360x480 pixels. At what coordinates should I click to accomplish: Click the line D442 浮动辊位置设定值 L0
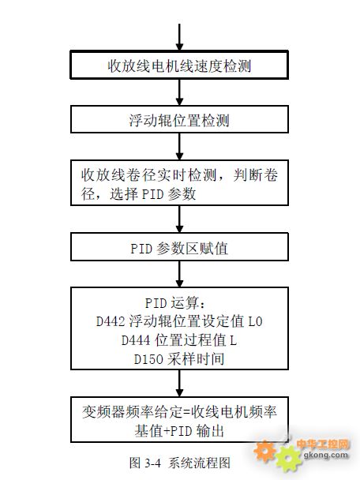pos(179,321)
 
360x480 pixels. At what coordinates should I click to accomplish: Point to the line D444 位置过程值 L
pos(179,340)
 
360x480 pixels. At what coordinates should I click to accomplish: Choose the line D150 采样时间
pos(179,358)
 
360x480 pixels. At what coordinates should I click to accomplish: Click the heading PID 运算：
pos(176,303)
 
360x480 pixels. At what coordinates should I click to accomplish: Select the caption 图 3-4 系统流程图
pos(180,463)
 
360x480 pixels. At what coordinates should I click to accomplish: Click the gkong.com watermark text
pos(326,455)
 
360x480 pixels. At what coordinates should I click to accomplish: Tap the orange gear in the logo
pos(264,451)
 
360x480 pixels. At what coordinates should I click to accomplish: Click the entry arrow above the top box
pos(180,37)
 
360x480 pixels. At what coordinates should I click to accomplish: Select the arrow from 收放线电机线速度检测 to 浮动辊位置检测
pos(180,92)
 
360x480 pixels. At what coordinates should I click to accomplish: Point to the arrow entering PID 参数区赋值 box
pos(180,219)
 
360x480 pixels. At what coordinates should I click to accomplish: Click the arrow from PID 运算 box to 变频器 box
pos(180,383)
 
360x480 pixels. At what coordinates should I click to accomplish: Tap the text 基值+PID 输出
pos(179,431)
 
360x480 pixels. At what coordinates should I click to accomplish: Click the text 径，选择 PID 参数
pos(138,193)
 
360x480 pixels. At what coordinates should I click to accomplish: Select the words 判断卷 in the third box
pos(256,175)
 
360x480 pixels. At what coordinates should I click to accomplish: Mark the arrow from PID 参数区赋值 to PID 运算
pos(180,274)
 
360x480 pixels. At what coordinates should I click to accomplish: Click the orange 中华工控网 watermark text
pos(322,444)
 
